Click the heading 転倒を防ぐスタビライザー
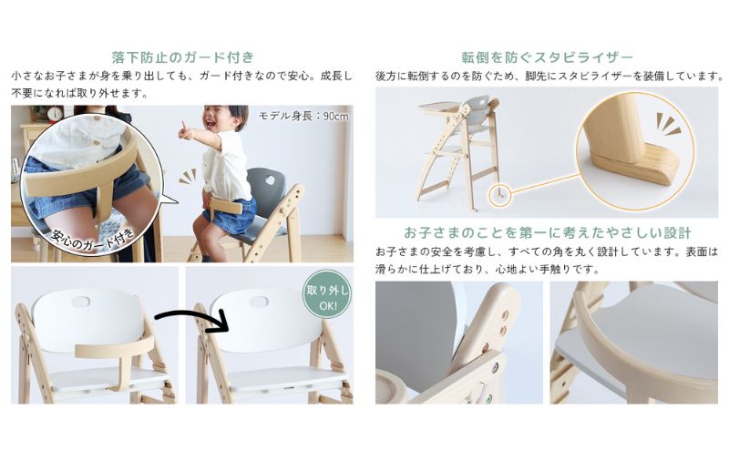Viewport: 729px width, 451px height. (x=548, y=56)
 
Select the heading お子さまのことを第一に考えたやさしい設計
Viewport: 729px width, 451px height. (x=547, y=232)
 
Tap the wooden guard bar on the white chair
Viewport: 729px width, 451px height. (x=108, y=351)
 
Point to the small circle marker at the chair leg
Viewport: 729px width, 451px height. (x=499, y=192)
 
